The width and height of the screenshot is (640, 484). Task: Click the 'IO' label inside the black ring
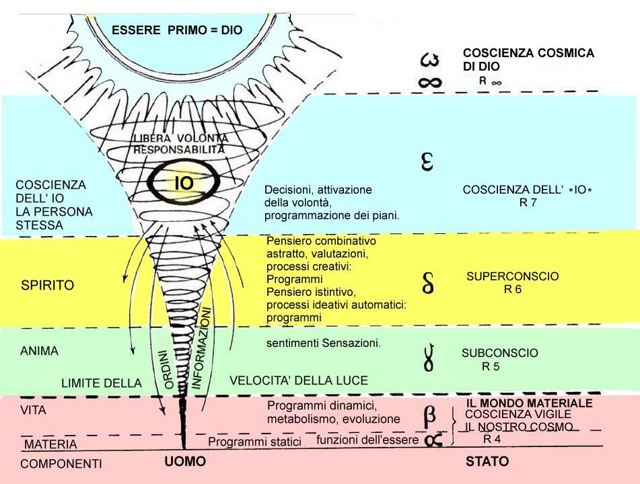tap(184, 183)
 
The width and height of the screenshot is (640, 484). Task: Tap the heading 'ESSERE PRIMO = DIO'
tap(176, 30)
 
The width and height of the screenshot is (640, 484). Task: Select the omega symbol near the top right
tap(429, 60)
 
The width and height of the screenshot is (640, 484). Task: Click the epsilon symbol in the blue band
tap(426, 162)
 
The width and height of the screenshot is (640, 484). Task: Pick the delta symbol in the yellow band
tap(427, 283)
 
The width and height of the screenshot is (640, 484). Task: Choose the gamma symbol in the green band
tap(426, 360)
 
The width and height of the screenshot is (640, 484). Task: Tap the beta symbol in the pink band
tap(429, 416)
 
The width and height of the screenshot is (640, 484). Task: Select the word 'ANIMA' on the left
tap(39, 351)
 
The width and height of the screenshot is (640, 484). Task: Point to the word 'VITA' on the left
tap(33, 408)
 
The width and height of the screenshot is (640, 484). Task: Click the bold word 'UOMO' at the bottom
tap(185, 462)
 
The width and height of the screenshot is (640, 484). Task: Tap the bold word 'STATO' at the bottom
tap(487, 462)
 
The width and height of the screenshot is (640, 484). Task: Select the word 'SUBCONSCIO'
tap(499, 353)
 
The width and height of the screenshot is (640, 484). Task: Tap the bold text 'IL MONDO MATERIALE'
tap(530, 403)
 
